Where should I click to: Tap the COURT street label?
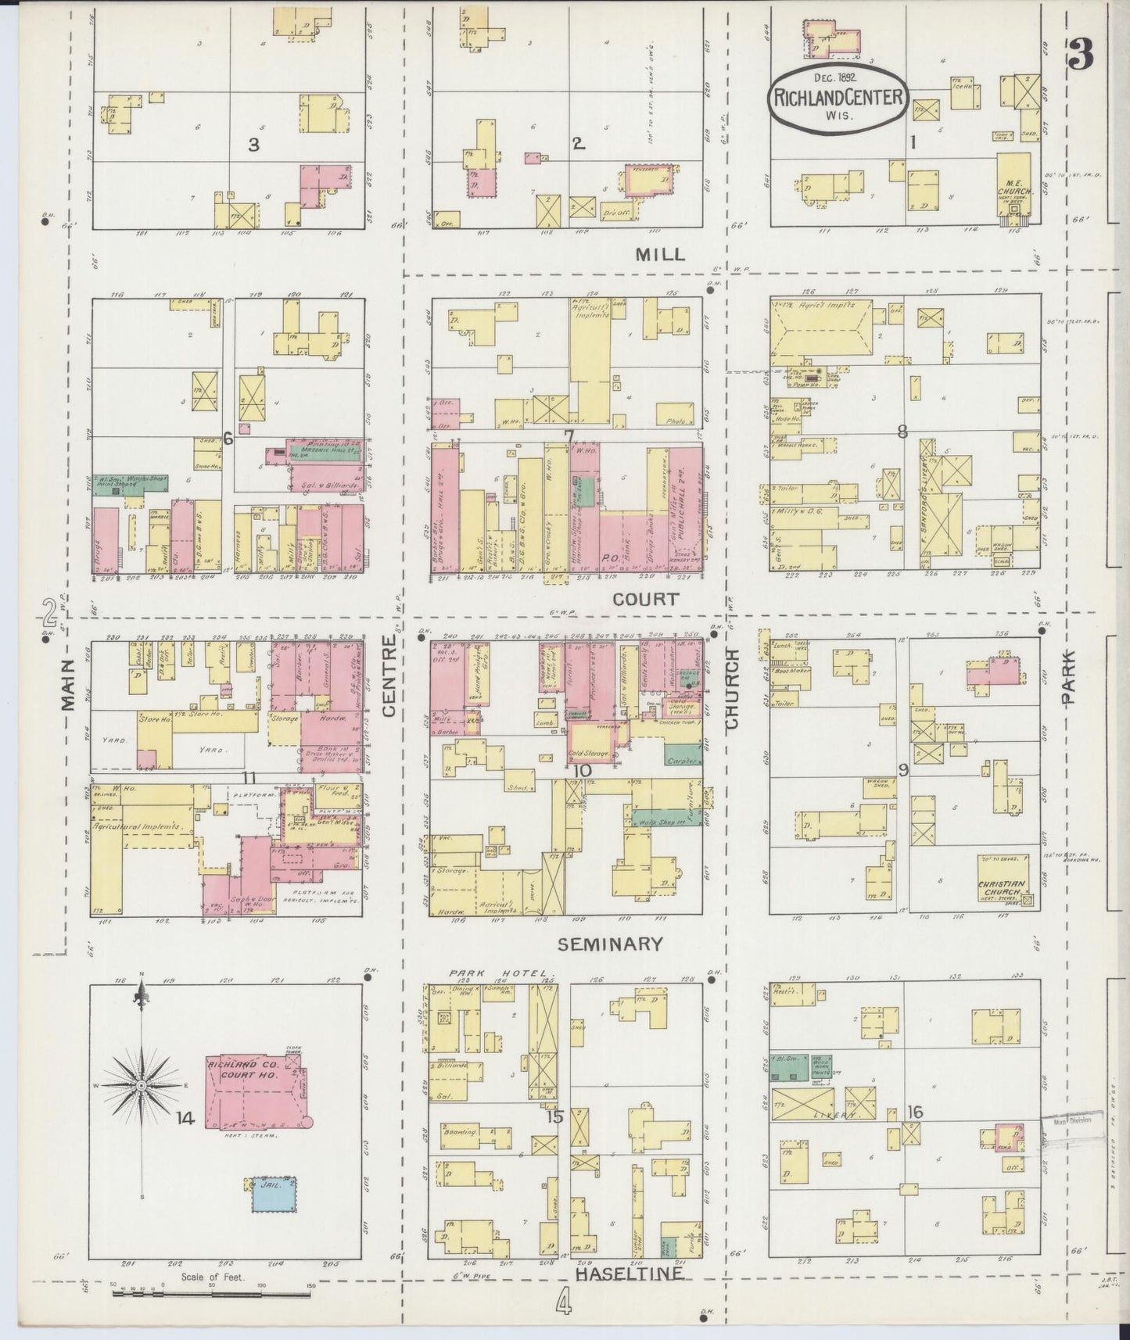point(644,599)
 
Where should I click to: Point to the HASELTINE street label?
point(629,1274)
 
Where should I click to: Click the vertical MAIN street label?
point(68,684)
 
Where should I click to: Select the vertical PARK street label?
point(1068,679)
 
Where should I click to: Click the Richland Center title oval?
point(838,95)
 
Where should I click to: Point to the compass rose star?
point(142,1087)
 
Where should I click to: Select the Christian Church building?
point(1003,884)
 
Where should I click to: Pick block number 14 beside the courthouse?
point(185,1120)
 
